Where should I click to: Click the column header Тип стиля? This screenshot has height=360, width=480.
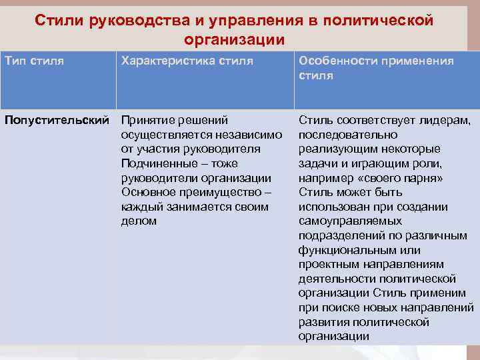(x=35, y=61)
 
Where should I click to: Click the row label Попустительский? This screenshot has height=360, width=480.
(x=57, y=120)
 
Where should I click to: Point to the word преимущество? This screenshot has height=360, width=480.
(x=230, y=193)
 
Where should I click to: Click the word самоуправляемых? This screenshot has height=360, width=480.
(x=350, y=221)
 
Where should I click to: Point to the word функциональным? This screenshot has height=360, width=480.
(x=349, y=250)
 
